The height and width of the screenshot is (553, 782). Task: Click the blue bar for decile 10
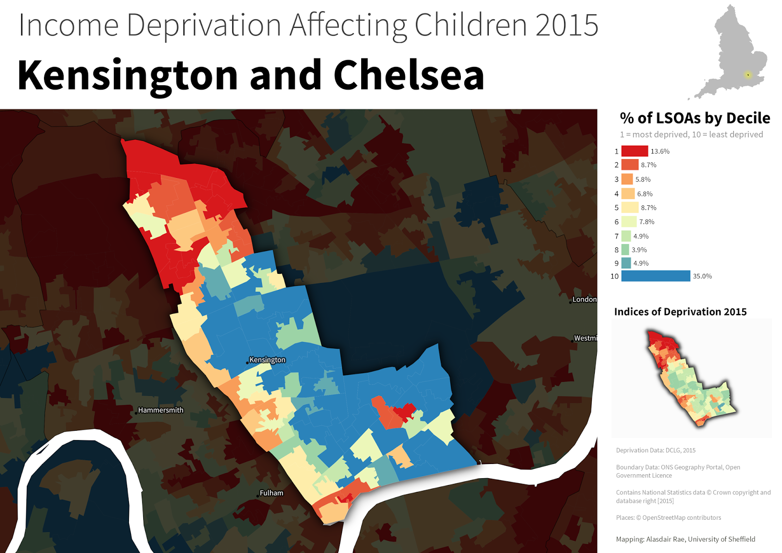(x=655, y=276)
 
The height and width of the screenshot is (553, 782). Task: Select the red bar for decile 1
(x=634, y=151)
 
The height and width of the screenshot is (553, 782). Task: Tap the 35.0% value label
(x=702, y=276)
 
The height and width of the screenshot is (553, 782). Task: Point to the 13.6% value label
(x=660, y=151)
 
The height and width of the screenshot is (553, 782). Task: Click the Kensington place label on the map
(x=267, y=360)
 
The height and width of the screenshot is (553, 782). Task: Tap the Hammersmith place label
(x=161, y=410)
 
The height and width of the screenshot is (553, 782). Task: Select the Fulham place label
(x=271, y=493)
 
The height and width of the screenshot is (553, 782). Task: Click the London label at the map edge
(x=585, y=299)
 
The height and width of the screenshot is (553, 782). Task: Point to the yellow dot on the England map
(x=748, y=75)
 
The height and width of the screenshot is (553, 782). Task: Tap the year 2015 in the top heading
(x=566, y=25)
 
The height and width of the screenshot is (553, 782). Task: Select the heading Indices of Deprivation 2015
(x=680, y=311)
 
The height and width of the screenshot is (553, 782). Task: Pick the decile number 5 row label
(x=616, y=208)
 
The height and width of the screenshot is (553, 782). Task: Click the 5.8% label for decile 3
(x=643, y=179)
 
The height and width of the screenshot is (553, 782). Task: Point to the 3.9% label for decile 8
(x=639, y=250)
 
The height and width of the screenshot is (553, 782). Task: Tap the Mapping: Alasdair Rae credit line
(x=685, y=539)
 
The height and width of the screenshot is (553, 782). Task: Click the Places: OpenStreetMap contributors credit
(x=668, y=517)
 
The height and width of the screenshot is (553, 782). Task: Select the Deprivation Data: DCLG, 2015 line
(x=655, y=450)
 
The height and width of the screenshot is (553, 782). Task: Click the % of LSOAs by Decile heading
(x=695, y=118)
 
